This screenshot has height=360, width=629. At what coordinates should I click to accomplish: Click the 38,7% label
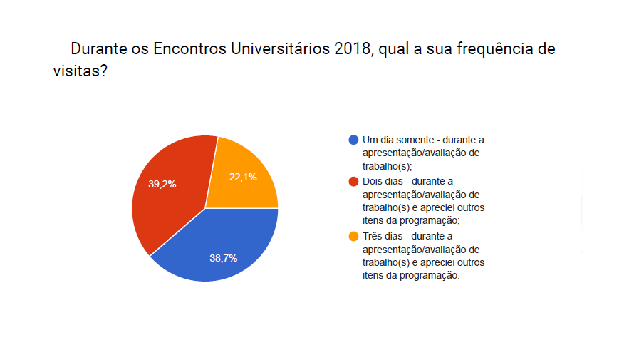[223, 258]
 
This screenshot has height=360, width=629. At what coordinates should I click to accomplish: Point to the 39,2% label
[162, 184]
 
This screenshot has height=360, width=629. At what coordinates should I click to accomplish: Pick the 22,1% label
[243, 178]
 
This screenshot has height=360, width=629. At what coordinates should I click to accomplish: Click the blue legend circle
[354, 140]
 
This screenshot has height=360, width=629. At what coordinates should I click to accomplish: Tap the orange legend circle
[354, 236]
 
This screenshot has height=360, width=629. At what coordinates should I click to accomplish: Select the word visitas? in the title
[80, 71]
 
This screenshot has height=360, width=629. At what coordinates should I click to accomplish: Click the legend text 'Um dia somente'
[395, 140]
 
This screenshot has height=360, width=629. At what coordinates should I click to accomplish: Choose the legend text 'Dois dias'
[383, 182]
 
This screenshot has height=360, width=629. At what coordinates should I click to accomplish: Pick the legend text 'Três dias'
[383, 236]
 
